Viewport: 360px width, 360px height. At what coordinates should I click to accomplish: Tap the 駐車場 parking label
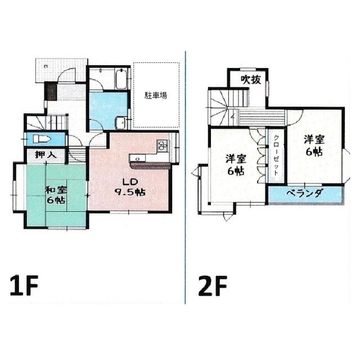(156, 95)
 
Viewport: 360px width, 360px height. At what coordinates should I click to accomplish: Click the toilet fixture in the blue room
(42, 139)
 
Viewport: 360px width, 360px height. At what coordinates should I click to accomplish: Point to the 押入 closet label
(46, 155)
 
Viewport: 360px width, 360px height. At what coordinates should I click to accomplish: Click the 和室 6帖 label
(56, 195)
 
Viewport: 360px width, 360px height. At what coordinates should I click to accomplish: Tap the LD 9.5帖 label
(130, 187)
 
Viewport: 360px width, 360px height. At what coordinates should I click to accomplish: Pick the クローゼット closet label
(276, 155)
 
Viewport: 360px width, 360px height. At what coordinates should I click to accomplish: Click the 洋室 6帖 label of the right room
(314, 146)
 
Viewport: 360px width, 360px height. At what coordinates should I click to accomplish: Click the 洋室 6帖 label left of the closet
(236, 165)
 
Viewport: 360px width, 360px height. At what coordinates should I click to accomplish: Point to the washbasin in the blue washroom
(120, 123)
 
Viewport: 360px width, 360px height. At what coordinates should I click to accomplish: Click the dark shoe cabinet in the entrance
(51, 92)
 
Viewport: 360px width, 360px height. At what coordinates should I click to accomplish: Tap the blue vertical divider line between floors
(185, 177)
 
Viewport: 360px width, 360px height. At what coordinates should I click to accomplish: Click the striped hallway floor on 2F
(262, 118)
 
